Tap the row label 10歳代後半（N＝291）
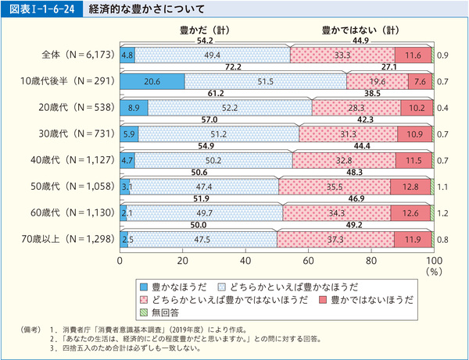[70, 81]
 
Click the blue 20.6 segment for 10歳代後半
[152, 81]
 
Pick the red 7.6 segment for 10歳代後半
[419, 81]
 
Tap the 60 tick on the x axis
[308, 261]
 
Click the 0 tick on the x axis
[120, 261]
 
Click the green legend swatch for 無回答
[142, 313]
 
